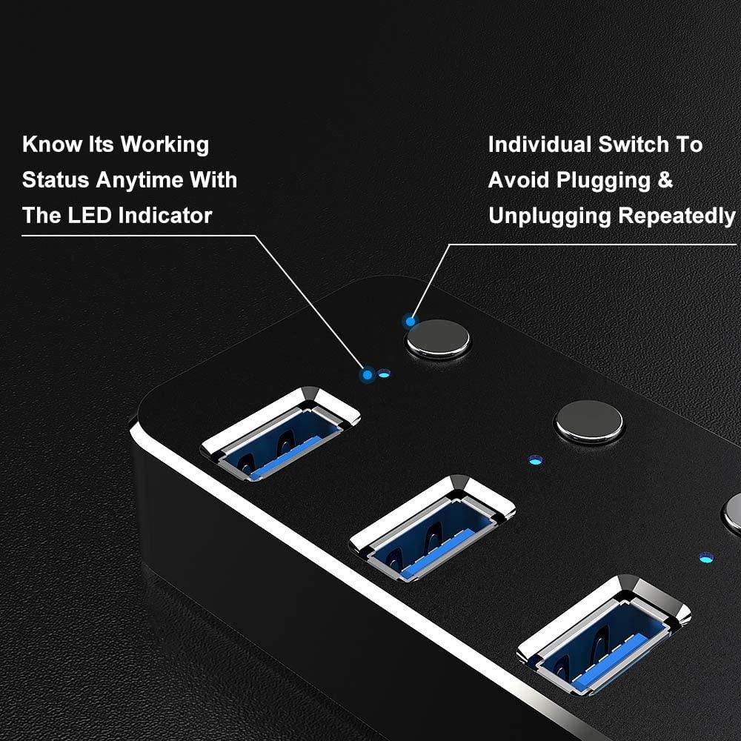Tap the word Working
click(165, 144)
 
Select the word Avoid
click(520, 180)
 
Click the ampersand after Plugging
click(665, 180)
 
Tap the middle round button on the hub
click(589, 422)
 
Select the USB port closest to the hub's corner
click(281, 433)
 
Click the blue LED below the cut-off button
click(705, 556)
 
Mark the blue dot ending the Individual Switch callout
click(409, 322)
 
